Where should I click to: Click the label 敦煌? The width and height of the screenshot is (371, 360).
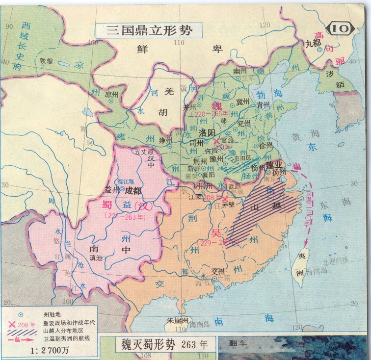[x=46, y=62]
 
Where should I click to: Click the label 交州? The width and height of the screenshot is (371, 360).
[x=216, y=271]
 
